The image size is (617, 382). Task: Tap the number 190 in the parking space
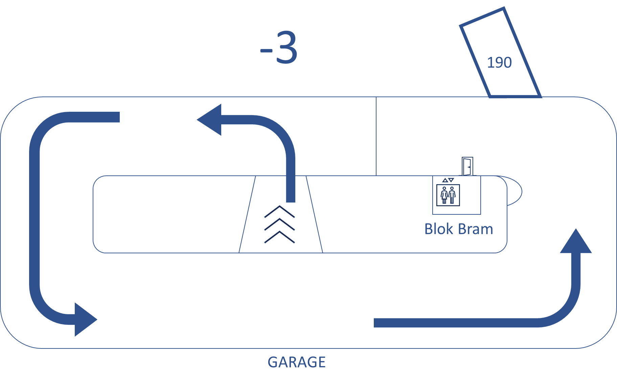tap(499, 63)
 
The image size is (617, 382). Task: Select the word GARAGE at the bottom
tap(296, 362)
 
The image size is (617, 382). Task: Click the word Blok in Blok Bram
tap(438, 229)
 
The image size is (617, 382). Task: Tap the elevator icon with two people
tap(448, 195)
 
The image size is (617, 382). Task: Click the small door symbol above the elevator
tap(467, 166)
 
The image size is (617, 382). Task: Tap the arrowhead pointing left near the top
tap(210, 120)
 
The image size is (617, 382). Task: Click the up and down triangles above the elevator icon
tap(448, 180)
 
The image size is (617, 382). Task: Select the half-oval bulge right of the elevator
tap(515, 191)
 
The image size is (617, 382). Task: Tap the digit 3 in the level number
tap(287, 47)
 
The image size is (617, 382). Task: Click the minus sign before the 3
tap(266, 51)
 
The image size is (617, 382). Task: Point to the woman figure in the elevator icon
tap(444, 195)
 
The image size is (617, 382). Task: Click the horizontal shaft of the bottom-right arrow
tap(457, 323)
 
